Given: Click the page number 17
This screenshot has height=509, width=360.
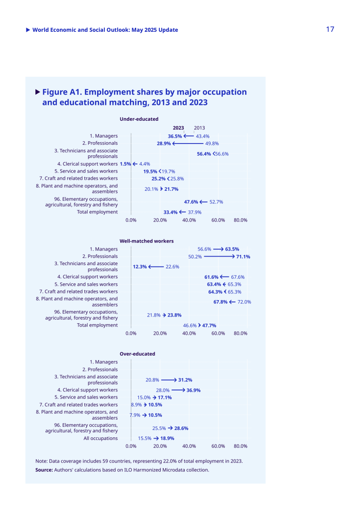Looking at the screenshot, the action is click(x=330, y=29).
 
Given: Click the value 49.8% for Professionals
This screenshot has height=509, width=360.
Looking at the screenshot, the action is click(x=212, y=143).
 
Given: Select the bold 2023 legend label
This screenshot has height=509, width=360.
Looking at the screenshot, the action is click(x=178, y=128).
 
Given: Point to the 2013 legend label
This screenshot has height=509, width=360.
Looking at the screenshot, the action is click(x=199, y=128).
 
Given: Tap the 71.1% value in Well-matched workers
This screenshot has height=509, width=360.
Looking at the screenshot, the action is click(x=243, y=257).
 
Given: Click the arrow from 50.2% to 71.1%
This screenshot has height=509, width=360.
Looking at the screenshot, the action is click(x=219, y=257).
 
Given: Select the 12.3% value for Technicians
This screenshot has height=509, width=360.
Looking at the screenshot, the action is click(x=140, y=267).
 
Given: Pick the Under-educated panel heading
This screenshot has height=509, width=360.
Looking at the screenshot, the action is click(x=139, y=119).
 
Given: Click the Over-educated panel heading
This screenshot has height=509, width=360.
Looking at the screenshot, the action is click(x=137, y=354).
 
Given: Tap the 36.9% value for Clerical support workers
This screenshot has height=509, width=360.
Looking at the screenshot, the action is click(x=193, y=390).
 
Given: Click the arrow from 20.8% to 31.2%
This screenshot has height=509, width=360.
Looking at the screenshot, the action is click(x=169, y=380).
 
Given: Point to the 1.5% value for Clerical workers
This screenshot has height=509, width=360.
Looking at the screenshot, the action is click(x=125, y=164).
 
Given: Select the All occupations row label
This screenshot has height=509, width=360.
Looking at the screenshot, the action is click(x=101, y=438).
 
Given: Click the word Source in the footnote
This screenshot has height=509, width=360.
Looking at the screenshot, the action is click(x=44, y=469).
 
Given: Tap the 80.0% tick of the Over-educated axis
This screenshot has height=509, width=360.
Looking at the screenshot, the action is click(x=241, y=446).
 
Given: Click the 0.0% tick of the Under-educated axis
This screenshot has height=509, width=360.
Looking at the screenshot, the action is click(x=131, y=220).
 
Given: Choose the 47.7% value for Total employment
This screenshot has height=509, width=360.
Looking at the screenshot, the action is click(x=209, y=325).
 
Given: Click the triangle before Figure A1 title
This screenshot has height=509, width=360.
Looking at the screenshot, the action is click(x=38, y=92).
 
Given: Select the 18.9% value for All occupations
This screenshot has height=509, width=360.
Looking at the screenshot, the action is click(x=167, y=438).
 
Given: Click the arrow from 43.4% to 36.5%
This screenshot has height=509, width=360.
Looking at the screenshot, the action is click(x=188, y=136).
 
